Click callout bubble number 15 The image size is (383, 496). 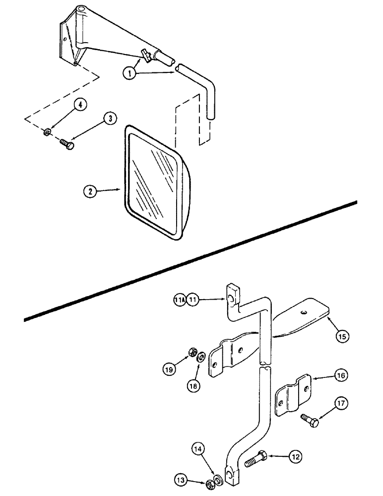(341, 336)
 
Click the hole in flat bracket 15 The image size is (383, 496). (303, 312)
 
